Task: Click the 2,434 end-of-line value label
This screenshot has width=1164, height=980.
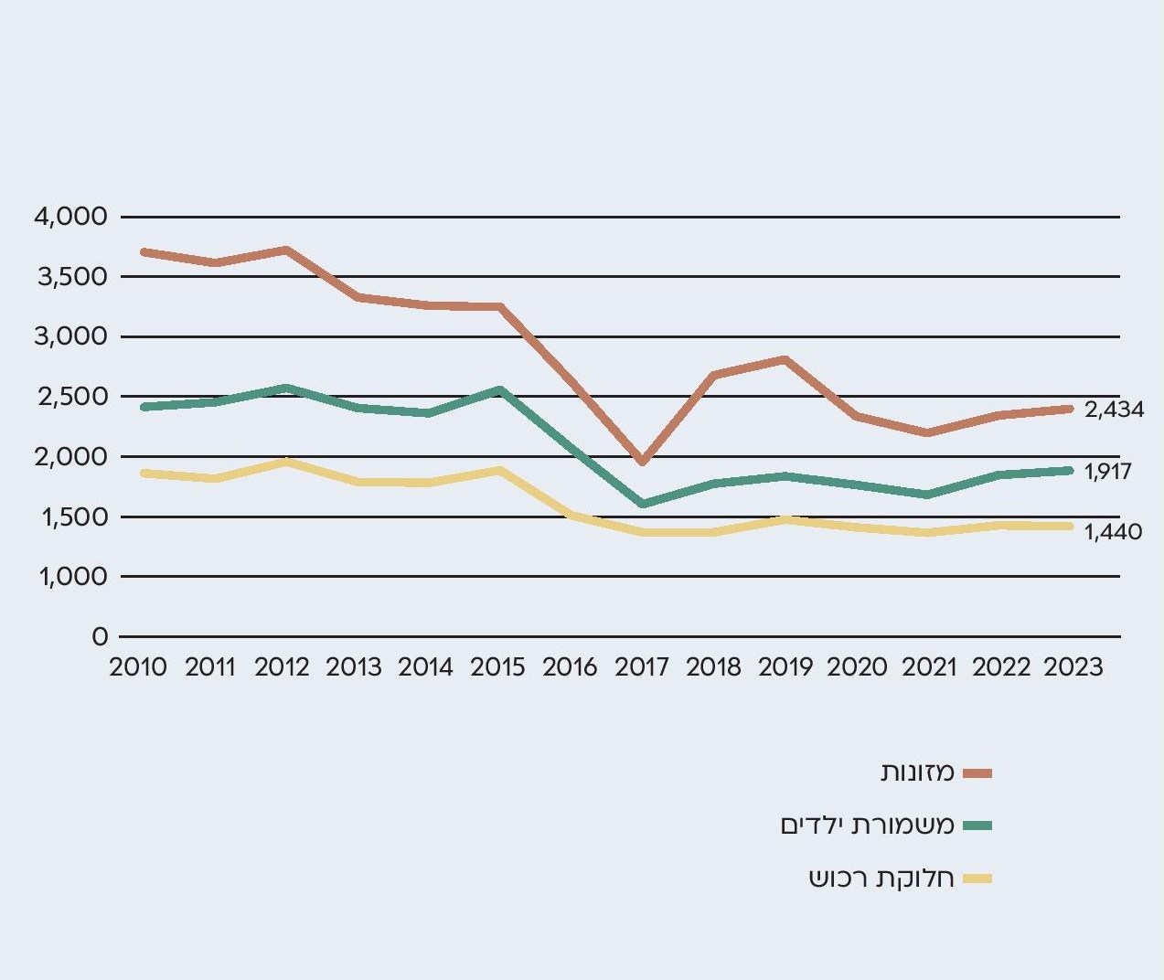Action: coord(1114,410)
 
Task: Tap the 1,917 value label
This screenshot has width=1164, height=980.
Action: coord(1107,472)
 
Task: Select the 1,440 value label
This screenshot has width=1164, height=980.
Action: coord(1113,532)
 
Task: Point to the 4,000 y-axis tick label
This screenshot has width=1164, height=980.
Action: coord(70,217)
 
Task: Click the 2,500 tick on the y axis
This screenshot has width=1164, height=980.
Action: coord(70,397)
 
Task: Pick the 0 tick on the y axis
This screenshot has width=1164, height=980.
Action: coord(100,637)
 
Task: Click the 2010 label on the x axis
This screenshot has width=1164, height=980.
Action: coord(138,667)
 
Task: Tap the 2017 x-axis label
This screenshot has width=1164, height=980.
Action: coord(642,667)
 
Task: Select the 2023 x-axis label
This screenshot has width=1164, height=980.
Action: coord(1073,667)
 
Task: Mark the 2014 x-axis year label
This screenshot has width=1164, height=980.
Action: coord(425,667)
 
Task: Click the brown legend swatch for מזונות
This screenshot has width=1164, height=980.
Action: coord(977,773)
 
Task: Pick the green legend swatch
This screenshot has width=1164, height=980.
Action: coord(977,826)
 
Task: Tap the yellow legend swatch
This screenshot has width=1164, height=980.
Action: coord(977,879)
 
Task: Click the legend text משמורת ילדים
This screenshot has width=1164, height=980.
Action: coord(867,826)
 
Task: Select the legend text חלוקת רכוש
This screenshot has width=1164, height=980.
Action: coord(881,879)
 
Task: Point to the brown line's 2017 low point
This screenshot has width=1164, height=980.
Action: coord(642,462)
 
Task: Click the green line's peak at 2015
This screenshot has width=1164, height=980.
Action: coord(498,390)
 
